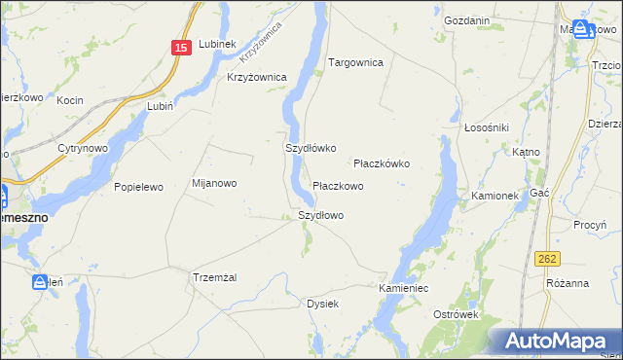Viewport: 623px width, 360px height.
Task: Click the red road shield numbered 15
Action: pos(180,48)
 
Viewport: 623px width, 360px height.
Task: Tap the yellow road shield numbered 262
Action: pos(547,258)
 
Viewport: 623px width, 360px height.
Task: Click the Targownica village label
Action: pos(355,62)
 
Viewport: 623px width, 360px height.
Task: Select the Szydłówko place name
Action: pos(310,149)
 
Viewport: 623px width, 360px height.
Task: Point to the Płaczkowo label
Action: pos(338,185)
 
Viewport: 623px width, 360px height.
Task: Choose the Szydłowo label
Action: pos(320,215)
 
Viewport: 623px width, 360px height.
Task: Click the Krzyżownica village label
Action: pos(256,77)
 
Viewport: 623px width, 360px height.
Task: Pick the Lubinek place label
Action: pos(217,44)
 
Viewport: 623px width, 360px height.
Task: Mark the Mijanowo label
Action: pos(214,183)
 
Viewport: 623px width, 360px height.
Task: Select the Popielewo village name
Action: pos(138,186)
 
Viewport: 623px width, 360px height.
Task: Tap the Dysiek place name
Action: pos(322,304)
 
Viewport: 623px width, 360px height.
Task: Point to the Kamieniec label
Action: pos(404,289)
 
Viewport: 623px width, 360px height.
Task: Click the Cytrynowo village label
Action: pos(83,148)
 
